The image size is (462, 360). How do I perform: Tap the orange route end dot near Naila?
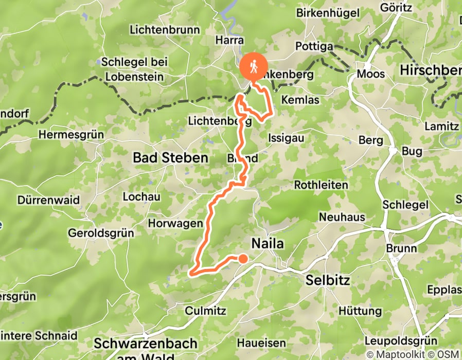pyautogui.click(x=242, y=259)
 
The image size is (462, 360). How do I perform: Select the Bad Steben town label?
pyautogui.click(x=170, y=158)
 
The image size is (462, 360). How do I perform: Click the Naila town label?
pyautogui.click(x=267, y=243)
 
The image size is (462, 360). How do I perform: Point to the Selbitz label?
pyautogui.click(x=327, y=281)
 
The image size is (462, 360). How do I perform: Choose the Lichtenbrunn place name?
pyautogui.click(x=165, y=30)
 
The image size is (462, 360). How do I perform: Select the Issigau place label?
pyautogui.click(x=286, y=137)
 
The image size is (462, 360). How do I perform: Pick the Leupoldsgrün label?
pyautogui.click(x=400, y=341)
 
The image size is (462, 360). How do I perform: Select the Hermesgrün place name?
pyautogui.click(x=71, y=135)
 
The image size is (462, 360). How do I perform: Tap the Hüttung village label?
pyautogui.click(x=360, y=311)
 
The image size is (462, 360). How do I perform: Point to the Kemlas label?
pyautogui.click(x=300, y=100)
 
